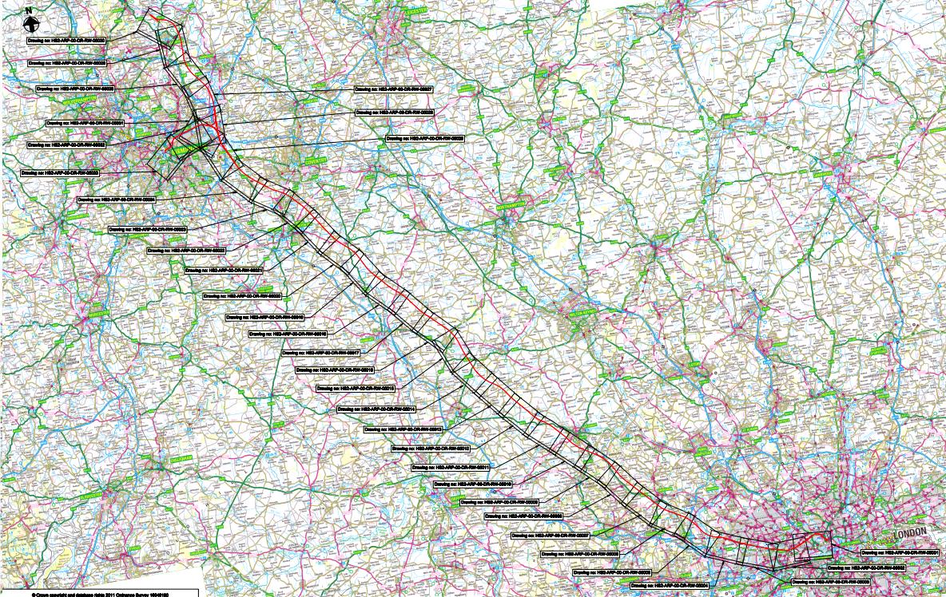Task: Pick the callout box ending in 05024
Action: (116, 200)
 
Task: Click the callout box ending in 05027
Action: (394, 89)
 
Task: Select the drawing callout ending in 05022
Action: (186, 250)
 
